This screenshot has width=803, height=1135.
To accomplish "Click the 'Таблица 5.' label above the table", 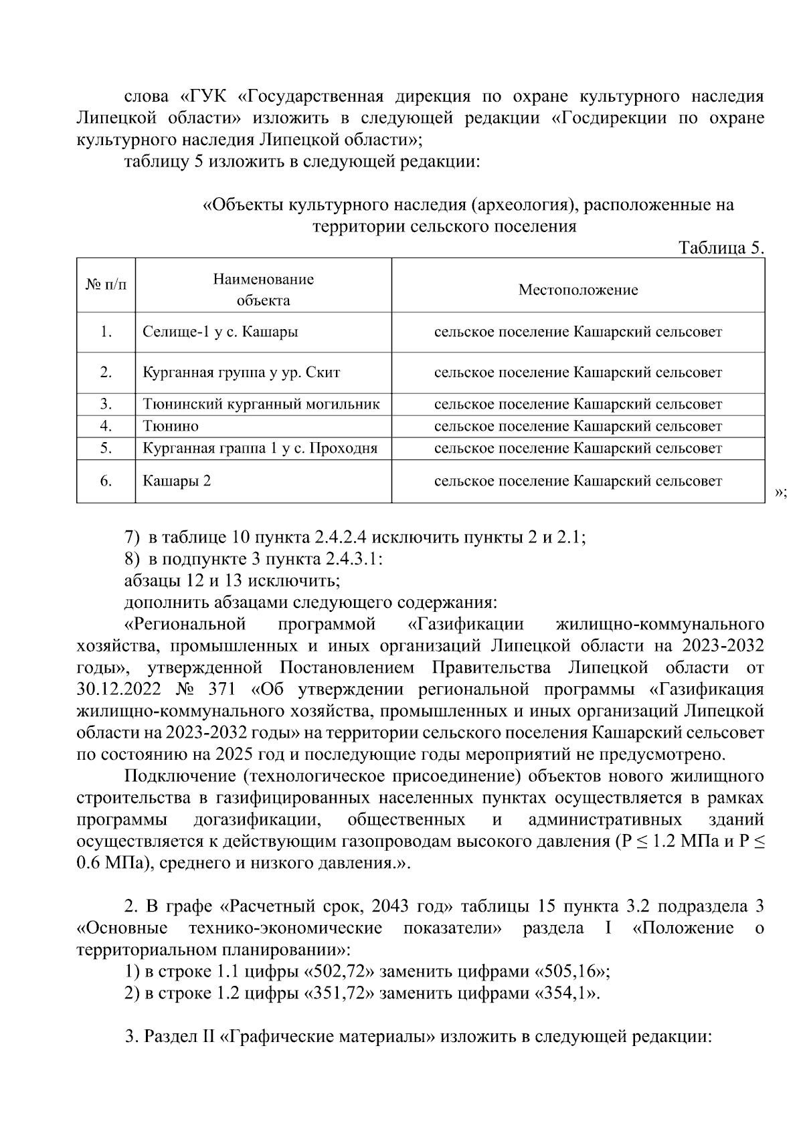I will tap(721, 248).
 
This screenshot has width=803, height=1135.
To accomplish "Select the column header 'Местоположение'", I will tap(578, 290).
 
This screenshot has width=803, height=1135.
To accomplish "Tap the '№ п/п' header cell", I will tap(106, 285).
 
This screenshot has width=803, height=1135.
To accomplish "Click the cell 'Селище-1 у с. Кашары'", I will tap(220, 332).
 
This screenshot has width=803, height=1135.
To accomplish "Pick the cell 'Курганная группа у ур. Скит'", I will tap(242, 373).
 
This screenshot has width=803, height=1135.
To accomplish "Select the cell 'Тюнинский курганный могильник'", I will tap(261, 404).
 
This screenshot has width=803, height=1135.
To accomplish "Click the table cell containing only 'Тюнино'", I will tap(171, 426).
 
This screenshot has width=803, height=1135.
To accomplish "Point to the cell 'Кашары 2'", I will tap(177, 481).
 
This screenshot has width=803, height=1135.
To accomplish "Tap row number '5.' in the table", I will tap(106, 448).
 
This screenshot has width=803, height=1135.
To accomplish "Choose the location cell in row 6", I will tap(578, 481).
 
